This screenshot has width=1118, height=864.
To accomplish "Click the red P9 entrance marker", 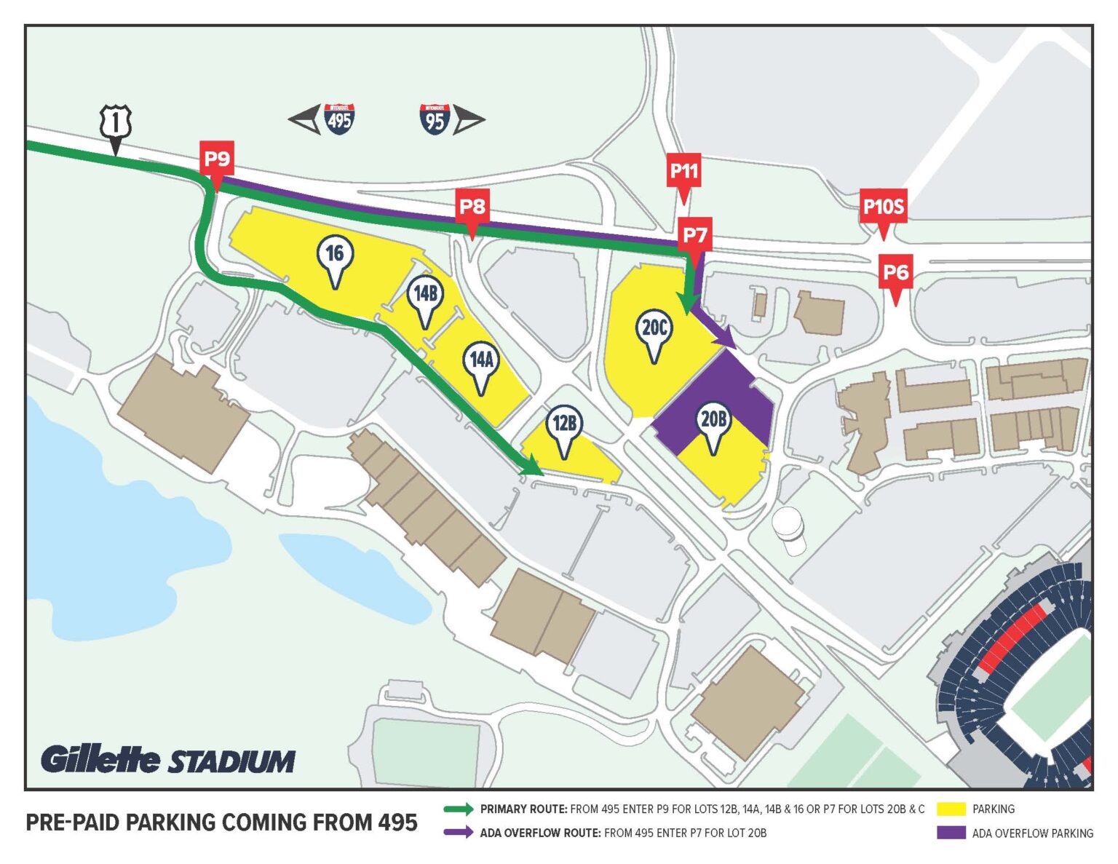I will pos(217,159).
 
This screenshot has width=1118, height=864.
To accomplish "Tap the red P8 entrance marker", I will pos(472,207).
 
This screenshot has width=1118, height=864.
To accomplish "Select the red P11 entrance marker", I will pos(683,172).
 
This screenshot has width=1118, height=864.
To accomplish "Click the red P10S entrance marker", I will pos(883,207).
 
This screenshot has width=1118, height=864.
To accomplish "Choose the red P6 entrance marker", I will pos(895,273).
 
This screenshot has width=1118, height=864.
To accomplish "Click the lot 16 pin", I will pos(335,255).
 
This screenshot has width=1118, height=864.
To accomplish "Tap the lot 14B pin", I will pos(425,295).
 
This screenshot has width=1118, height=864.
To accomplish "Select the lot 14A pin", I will pos(481,360).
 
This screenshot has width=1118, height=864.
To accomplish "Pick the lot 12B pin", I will pos(564,424).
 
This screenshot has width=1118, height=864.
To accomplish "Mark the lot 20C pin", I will pos(654,329).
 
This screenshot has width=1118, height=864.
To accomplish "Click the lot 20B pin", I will pos(713,420).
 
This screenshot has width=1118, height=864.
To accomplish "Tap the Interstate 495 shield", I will pos(340,119).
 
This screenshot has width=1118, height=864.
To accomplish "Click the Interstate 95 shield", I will pos(435,119).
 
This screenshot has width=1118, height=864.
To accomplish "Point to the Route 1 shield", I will pos(115,122).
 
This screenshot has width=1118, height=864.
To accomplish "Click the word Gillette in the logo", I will pos(100,760).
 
